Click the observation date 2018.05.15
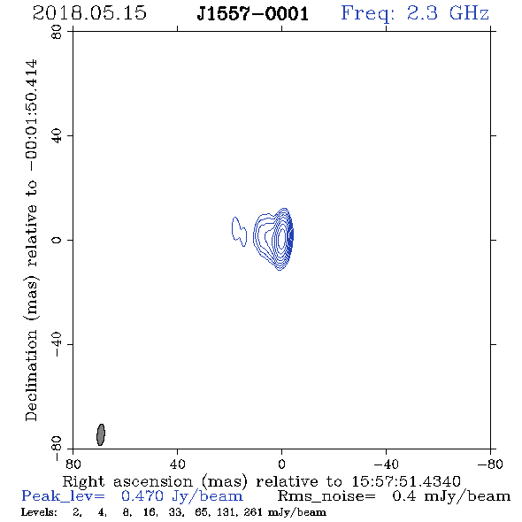click(x=89, y=13)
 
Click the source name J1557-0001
click(x=253, y=14)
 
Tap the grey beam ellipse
click(x=101, y=434)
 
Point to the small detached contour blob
click(x=239, y=231)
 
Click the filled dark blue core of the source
click(x=290, y=234)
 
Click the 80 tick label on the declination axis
click(x=57, y=32)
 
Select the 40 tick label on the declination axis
click(x=57, y=136)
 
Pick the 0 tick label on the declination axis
click(x=57, y=240)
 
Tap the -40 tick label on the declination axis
click(x=57, y=344)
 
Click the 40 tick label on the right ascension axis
click(x=177, y=464)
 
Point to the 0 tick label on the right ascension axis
click(x=281, y=464)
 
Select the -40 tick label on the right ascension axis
click(x=386, y=464)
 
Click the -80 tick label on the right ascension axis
click(x=490, y=464)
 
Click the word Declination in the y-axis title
click(x=32, y=375)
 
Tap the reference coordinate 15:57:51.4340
click(x=406, y=481)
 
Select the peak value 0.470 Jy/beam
click(x=182, y=496)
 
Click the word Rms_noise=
click(x=326, y=496)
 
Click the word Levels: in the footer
click(x=39, y=512)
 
